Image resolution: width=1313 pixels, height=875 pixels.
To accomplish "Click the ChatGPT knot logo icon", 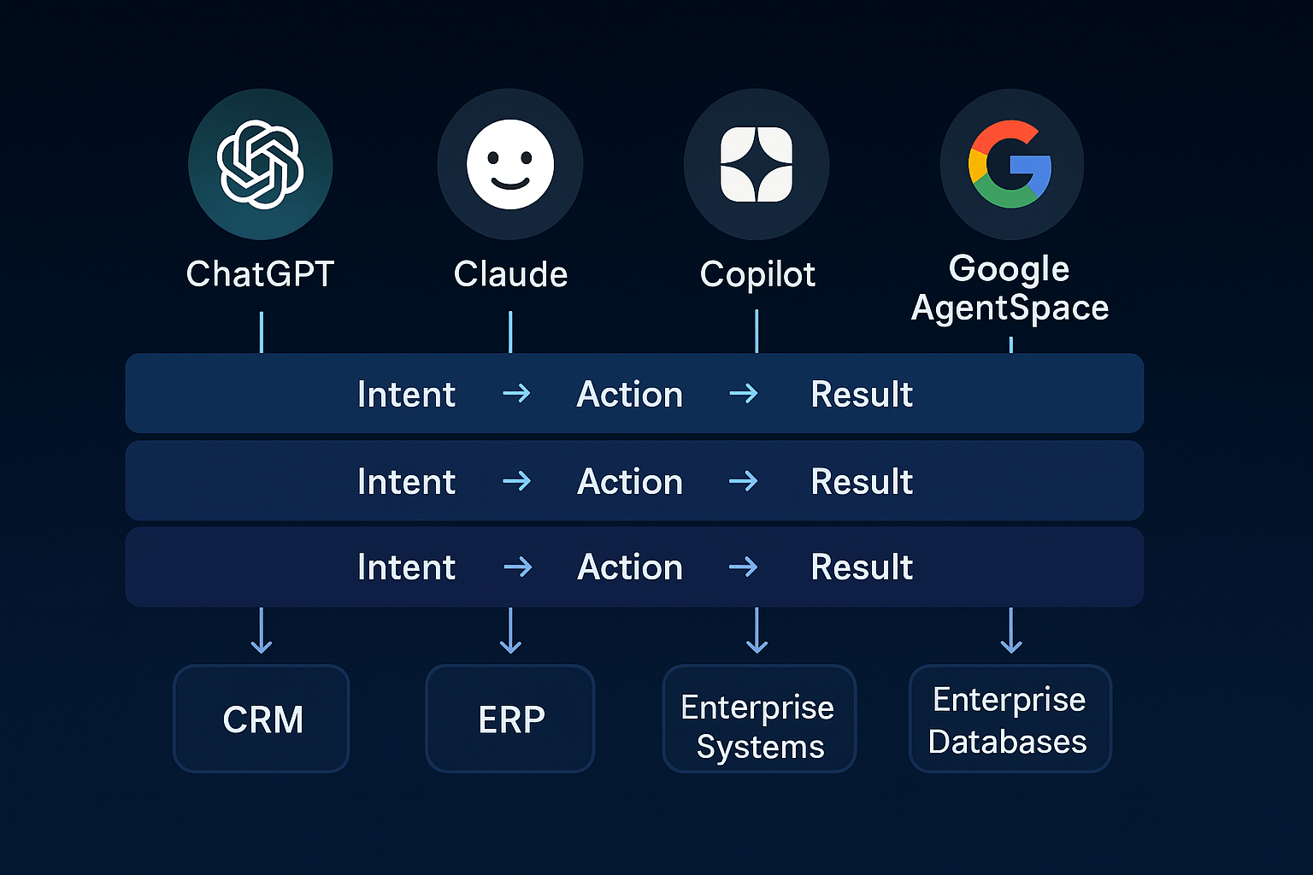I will point(261,165).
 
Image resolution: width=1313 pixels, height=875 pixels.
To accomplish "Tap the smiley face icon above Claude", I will point(510,165).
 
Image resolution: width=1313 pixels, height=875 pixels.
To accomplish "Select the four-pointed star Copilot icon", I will point(757,165).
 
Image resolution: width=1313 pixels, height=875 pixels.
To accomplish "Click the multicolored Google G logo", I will point(1010,164).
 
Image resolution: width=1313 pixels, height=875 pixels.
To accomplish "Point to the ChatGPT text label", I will point(260,274).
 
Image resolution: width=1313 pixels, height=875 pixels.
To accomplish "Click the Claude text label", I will point(510,274).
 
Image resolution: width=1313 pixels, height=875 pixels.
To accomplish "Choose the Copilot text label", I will point(757,274).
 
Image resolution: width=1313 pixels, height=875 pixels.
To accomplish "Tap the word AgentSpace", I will point(1010,308).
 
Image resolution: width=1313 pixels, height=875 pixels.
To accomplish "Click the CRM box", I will point(262,719).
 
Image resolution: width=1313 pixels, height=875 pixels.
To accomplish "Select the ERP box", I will point(510,719).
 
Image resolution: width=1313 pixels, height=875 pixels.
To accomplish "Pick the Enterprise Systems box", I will point(759,719).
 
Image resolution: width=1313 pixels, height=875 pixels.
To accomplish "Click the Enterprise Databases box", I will point(1010,719).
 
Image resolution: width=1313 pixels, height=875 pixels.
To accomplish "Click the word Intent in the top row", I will point(406,394).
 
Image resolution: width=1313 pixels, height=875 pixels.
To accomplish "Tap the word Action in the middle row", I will point(630,481).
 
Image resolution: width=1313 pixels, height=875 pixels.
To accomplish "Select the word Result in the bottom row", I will point(862,567).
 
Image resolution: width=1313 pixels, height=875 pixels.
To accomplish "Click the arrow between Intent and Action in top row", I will point(516,393).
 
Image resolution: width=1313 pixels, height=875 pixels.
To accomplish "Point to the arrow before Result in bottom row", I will point(744,567).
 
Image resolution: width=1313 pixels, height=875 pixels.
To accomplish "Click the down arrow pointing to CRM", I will point(262,632).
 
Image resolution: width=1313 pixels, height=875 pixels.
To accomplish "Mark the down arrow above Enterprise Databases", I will point(1011,632).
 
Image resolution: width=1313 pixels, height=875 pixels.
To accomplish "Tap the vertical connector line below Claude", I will point(510,332).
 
